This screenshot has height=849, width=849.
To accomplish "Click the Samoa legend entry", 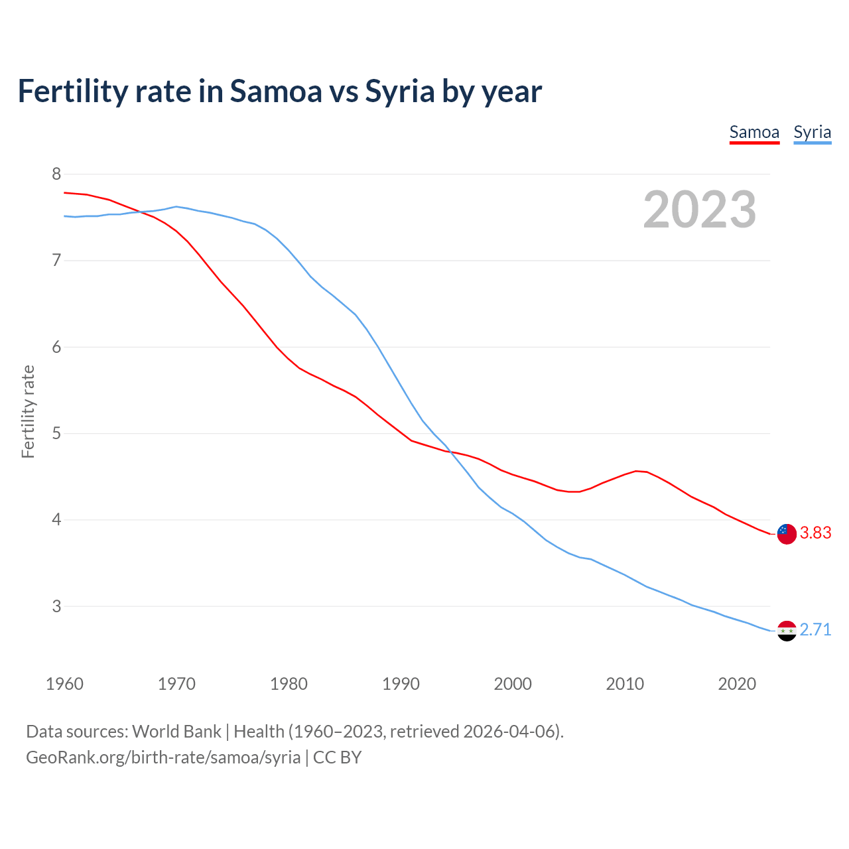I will click(754, 132).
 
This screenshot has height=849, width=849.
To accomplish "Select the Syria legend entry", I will click(812, 132).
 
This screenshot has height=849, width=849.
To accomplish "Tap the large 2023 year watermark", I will click(699, 210).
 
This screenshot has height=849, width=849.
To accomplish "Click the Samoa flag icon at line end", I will click(786, 533).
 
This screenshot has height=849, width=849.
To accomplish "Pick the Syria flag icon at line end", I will click(786, 630).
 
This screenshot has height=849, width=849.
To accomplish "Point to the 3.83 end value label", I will click(815, 533).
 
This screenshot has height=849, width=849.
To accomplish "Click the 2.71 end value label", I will click(815, 629).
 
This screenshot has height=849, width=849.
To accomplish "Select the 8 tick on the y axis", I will click(56, 174).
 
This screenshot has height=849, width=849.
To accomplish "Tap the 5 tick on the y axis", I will click(56, 433).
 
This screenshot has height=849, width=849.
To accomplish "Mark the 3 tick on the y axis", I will click(56, 606).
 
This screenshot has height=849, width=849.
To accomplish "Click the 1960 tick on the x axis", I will click(64, 684).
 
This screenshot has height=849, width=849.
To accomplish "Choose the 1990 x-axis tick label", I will click(401, 684).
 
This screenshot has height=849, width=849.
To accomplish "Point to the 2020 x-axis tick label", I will click(737, 684).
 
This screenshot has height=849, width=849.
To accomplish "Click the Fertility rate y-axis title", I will click(28, 411).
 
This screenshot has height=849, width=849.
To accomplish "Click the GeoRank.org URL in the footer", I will click(163, 757).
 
